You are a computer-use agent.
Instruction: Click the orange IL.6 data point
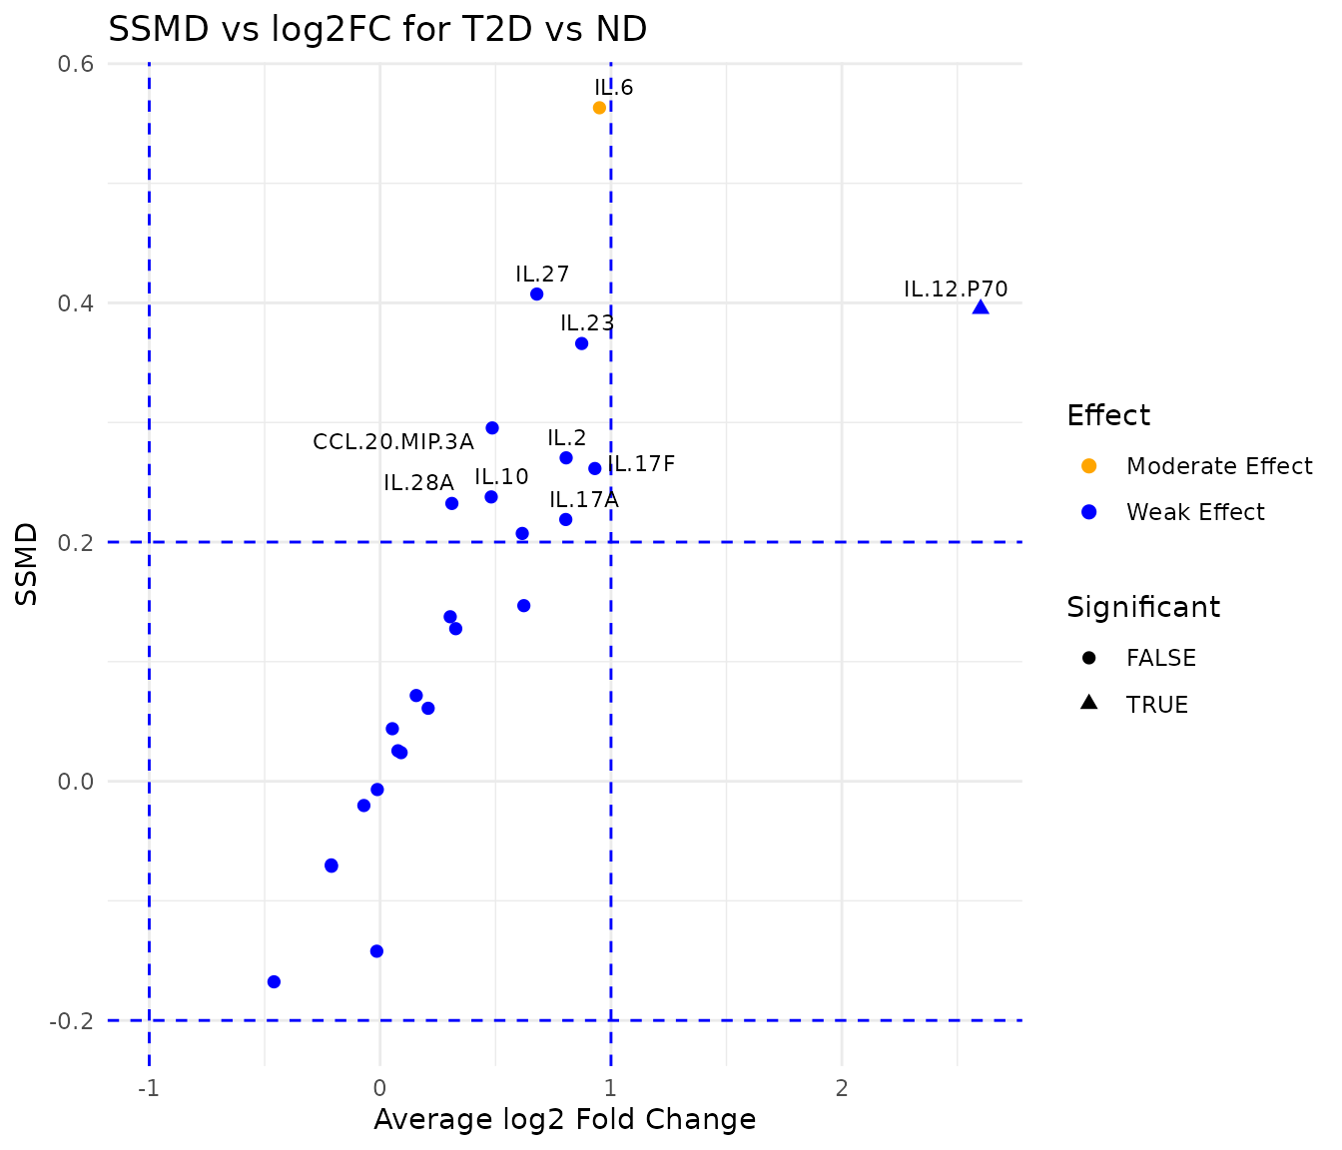pos(599,108)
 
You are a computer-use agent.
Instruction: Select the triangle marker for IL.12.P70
pos(981,307)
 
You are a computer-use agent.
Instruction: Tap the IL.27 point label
pos(542,275)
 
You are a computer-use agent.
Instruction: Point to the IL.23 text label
pos(587,323)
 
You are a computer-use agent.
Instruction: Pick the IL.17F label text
pos(642,464)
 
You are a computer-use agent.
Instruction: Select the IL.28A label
pos(418,483)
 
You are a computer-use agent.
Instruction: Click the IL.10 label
pos(501,477)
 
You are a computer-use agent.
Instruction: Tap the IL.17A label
pos(584,500)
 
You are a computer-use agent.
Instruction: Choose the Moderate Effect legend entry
pos(1218,466)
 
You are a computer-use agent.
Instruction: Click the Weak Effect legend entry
pos(1195,512)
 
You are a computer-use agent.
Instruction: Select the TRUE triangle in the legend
pos(1089,704)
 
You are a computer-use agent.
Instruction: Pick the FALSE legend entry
pos(1160,658)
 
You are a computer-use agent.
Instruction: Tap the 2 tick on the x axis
pos(842,1087)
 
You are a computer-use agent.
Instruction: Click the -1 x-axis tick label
pos(149,1087)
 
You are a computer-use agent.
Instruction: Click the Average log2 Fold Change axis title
pos(564,1120)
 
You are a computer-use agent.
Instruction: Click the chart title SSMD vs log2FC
pos(377,30)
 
